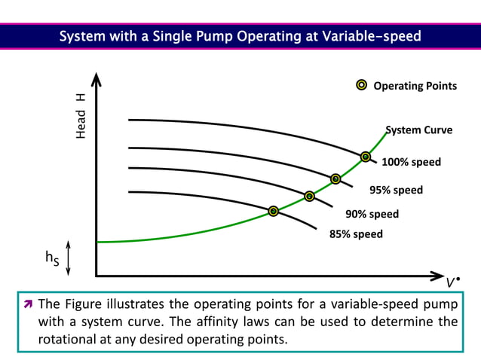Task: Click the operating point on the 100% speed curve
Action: pos(366,157)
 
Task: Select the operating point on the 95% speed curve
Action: pos(335,178)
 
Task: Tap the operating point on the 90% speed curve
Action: pos(309,196)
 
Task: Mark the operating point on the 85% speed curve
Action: pos(274,211)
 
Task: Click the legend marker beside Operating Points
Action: pos(361,85)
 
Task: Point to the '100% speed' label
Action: pos(411,162)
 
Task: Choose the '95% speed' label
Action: pos(395,190)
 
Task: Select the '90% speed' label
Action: pos(372,214)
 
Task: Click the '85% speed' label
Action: pos(356,233)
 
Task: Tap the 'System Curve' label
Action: pos(419,130)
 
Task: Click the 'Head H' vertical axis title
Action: pos(81,114)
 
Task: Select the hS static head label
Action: pos(52,258)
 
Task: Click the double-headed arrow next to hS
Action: pos(69,258)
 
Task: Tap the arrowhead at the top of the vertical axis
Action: pos(96,79)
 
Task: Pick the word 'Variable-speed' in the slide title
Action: pos(372,35)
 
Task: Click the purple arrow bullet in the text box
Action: pos(27,305)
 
